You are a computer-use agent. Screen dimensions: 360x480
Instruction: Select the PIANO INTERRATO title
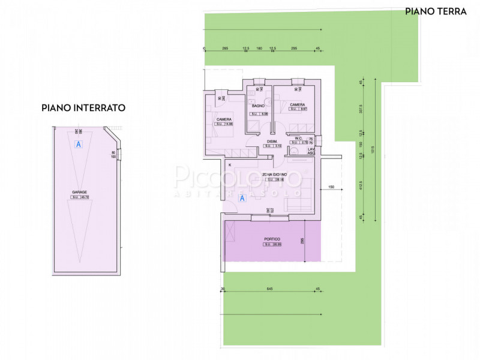[83, 108]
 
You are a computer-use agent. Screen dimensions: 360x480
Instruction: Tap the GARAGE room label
[79, 192]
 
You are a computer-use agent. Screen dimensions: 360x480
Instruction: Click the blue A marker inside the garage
[77, 144]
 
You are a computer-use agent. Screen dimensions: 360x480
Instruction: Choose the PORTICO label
[272, 239]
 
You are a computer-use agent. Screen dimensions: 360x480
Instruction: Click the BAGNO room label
[259, 106]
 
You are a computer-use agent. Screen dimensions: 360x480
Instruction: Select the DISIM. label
[272, 141]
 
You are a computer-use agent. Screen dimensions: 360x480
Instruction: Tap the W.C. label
[298, 138]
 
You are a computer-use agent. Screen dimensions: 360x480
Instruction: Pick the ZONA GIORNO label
[274, 175]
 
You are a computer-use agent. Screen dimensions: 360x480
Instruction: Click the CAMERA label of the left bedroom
[224, 119]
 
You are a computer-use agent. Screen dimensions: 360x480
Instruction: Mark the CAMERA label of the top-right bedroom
[298, 104]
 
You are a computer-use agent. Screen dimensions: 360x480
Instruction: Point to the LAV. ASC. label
[311, 151]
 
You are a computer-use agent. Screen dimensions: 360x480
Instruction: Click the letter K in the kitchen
[229, 164]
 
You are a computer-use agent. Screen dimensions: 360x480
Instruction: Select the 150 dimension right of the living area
[331, 188]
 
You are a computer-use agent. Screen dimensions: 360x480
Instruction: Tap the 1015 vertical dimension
[373, 150]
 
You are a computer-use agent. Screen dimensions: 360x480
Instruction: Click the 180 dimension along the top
[259, 48]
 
